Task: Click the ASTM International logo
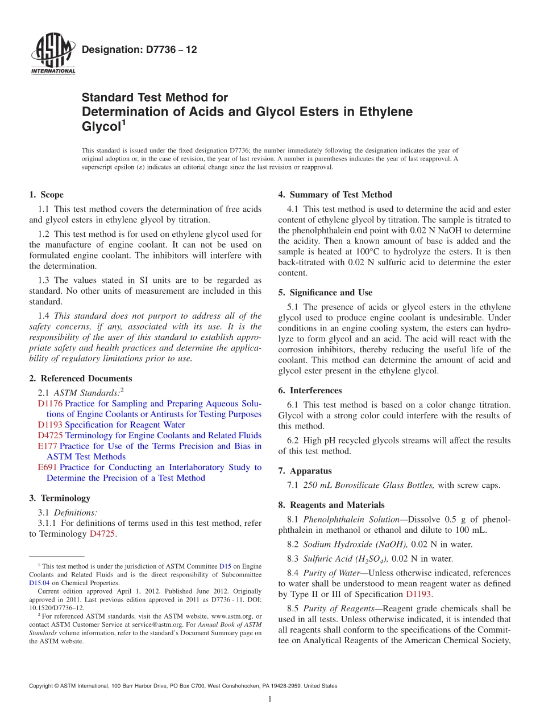[x=52, y=55]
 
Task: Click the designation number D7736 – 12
[x=139, y=50]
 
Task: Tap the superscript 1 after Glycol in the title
[x=123, y=122]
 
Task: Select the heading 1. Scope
[x=46, y=195]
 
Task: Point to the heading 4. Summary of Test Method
[x=335, y=195]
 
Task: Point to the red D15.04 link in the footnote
[x=39, y=583]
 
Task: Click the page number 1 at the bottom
[x=270, y=699]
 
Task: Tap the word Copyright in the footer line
[x=43, y=686]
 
